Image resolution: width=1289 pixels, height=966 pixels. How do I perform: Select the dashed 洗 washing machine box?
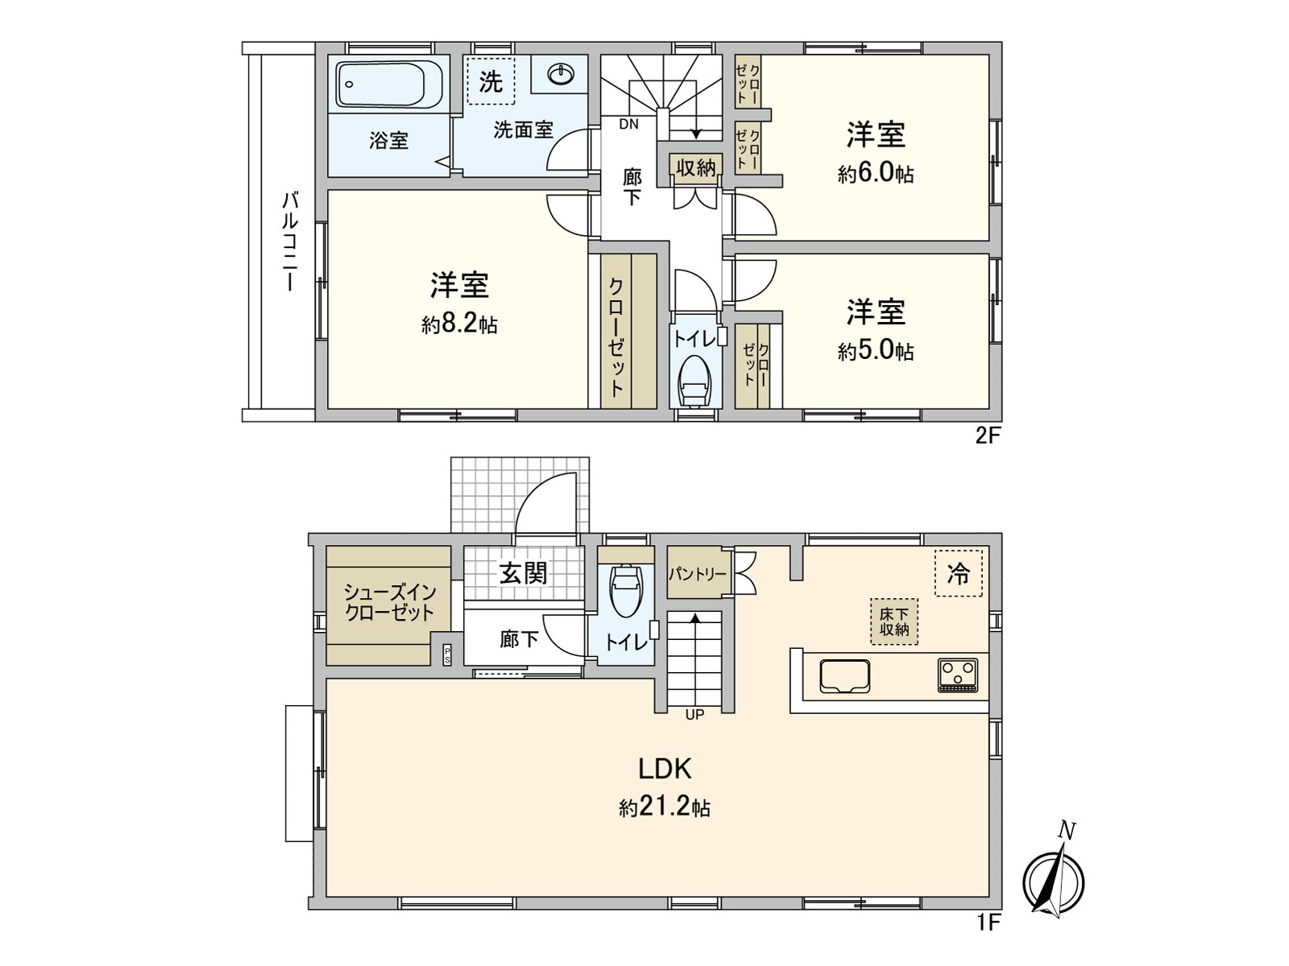(x=490, y=81)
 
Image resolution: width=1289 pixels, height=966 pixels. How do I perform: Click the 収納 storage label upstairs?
(x=695, y=168)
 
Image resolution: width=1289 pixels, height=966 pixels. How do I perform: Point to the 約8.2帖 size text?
(x=458, y=325)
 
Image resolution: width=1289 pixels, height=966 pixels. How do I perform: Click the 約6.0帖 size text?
(x=875, y=174)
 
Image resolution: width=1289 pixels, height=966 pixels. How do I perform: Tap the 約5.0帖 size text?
(x=875, y=352)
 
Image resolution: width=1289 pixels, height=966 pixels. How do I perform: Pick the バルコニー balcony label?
(x=288, y=242)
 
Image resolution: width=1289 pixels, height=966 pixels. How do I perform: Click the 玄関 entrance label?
(x=524, y=573)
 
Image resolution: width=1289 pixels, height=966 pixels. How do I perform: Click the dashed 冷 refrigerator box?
(x=959, y=573)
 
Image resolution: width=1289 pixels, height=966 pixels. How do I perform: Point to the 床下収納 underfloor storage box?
(x=893, y=621)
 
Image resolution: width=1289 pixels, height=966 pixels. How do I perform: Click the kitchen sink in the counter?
(x=844, y=675)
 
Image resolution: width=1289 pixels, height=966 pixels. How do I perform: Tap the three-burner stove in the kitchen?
(x=958, y=675)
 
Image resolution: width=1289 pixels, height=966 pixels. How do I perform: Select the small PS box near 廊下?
(x=447, y=654)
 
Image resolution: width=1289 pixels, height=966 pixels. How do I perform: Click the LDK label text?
(x=665, y=769)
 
